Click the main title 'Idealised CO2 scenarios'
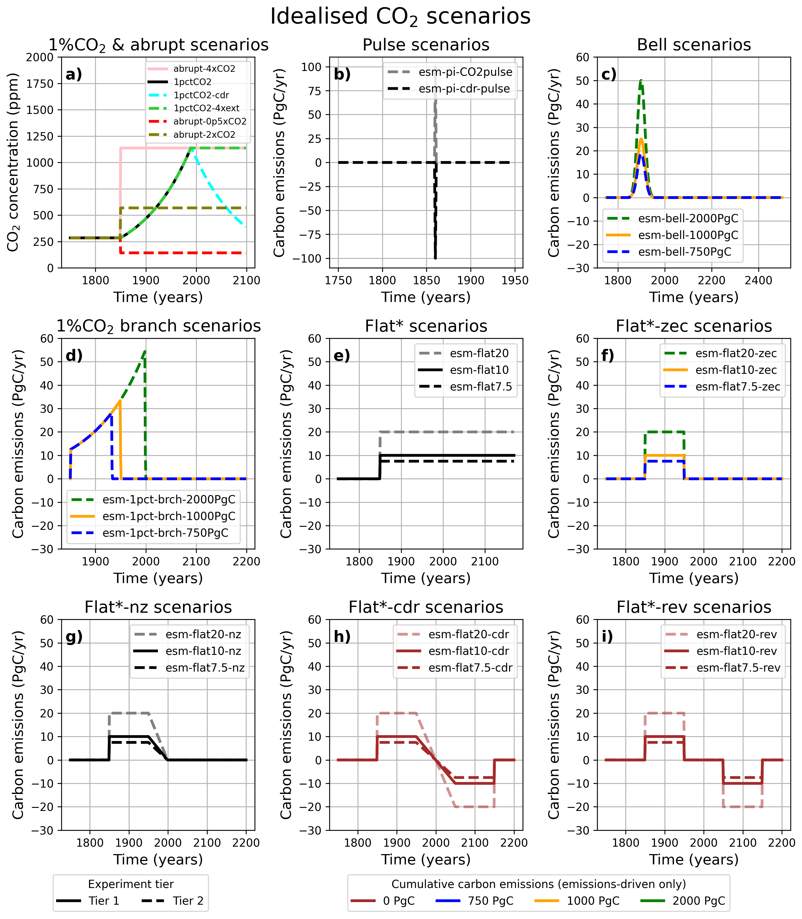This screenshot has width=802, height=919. click(400, 17)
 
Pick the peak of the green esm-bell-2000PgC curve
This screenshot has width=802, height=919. click(641, 81)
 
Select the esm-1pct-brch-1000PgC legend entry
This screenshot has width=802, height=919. click(153, 516)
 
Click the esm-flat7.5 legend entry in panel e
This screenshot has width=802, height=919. click(465, 386)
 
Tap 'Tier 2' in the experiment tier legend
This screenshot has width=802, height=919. click(172, 901)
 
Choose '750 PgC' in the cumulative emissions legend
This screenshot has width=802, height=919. click(474, 901)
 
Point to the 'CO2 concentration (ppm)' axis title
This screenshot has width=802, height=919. click(14, 162)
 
